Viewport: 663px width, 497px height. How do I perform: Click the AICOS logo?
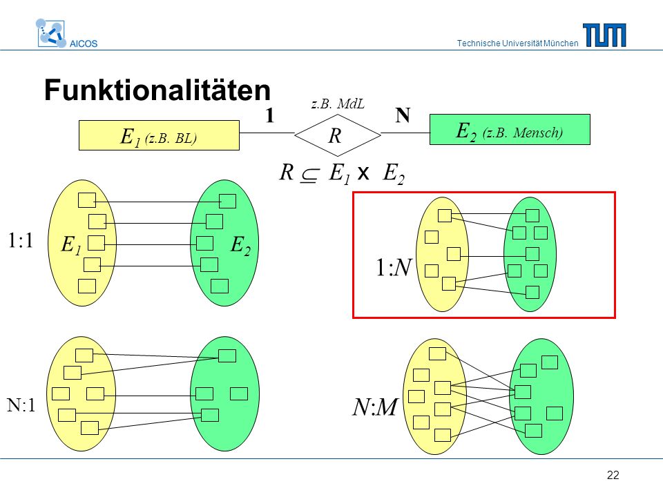point(66,33)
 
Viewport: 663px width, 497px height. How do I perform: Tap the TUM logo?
point(604,35)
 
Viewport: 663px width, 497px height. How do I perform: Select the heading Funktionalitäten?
point(157,90)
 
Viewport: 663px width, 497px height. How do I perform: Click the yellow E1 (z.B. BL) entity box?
point(159,135)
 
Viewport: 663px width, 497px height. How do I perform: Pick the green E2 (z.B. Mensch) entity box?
point(510,129)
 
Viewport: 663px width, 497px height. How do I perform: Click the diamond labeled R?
point(338,135)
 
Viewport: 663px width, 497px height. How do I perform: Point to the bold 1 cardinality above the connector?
point(270,115)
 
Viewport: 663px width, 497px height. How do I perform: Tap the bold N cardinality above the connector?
point(403,115)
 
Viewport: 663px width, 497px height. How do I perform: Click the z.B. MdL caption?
point(338,104)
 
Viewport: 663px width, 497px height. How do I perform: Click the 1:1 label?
point(20,240)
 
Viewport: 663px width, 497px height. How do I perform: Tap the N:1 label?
point(21,405)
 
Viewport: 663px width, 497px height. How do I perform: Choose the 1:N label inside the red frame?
point(393,268)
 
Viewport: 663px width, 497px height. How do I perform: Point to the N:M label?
point(374,407)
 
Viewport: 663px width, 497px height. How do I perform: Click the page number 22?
point(613,475)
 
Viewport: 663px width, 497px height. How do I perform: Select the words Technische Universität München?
point(517,43)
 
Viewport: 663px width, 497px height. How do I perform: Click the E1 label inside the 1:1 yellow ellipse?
point(71,245)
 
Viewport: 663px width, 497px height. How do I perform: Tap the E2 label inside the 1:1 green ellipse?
point(240,245)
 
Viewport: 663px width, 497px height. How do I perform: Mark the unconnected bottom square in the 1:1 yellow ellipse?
point(87,286)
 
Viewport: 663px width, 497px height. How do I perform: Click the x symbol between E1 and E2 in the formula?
point(363,173)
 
